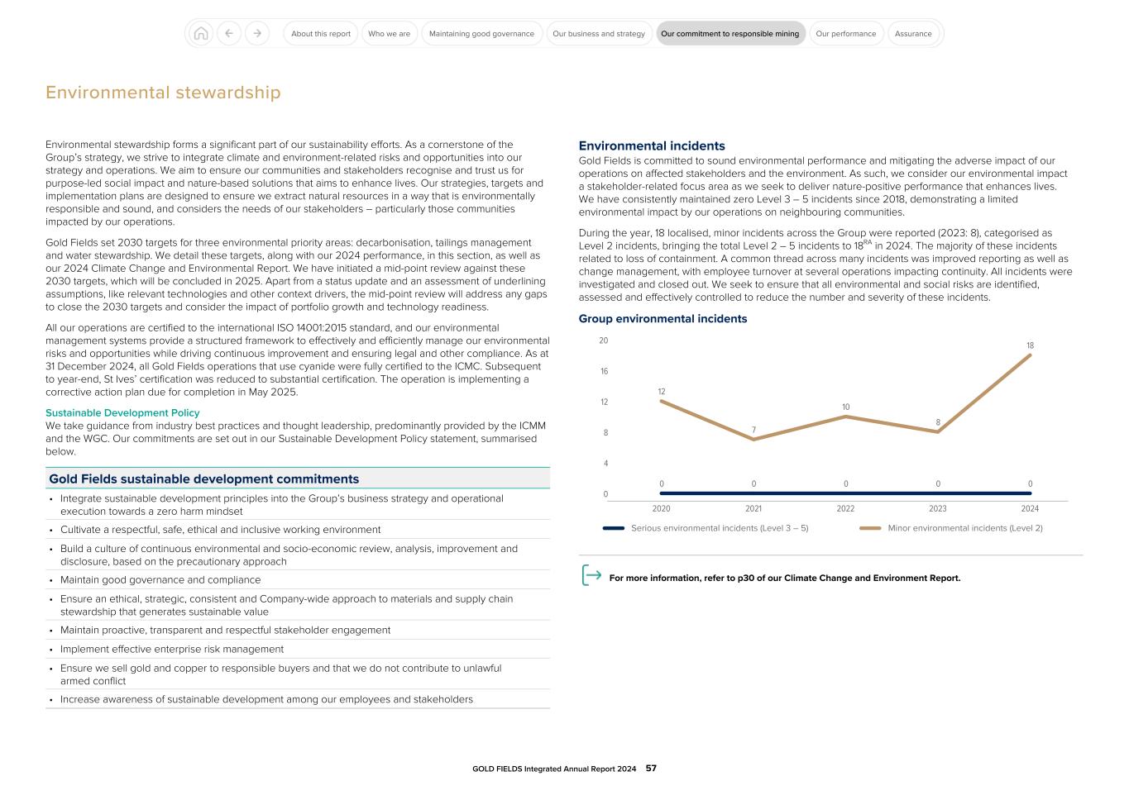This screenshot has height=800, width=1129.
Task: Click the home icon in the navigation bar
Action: pyautogui.click(x=200, y=34)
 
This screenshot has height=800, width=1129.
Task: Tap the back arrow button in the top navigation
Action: pyautogui.click(x=228, y=34)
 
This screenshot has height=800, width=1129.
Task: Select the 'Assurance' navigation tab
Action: pyautogui.click(x=913, y=34)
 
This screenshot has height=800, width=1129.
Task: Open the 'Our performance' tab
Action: pyautogui.click(x=845, y=34)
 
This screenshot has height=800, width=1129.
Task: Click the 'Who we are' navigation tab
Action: pyautogui.click(x=389, y=34)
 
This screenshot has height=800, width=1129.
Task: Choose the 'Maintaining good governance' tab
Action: pyautogui.click(x=481, y=34)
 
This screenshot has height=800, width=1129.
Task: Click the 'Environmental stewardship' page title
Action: pyautogui.click(x=163, y=93)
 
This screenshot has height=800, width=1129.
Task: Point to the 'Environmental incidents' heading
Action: pyautogui.click(x=651, y=145)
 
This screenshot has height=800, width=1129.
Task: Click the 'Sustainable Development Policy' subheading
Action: pyautogui.click(x=122, y=412)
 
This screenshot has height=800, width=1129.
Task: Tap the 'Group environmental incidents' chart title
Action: pyautogui.click(x=663, y=319)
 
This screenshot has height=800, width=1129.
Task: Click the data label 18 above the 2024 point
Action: pyautogui.click(x=1030, y=345)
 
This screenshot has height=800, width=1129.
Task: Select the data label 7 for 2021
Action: pyautogui.click(x=753, y=430)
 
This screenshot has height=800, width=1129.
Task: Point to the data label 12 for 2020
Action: pyautogui.click(x=661, y=392)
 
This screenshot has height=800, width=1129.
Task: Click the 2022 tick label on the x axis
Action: pyautogui.click(x=845, y=509)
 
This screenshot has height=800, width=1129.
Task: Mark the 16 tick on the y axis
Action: pyautogui.click(x=604, y=371)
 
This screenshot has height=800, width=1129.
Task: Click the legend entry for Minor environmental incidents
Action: pyautogui.click(x=964, y=528)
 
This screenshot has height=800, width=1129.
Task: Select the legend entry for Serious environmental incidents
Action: pyautogui.click(x=719, y=528)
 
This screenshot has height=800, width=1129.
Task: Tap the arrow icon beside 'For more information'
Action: pyautogui.click(x=591, y=576)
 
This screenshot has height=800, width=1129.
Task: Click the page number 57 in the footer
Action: pyautogui.click(x=651, y=769)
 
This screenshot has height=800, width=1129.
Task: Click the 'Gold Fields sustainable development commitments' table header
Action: pyautogui.click(x=204, y=479)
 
